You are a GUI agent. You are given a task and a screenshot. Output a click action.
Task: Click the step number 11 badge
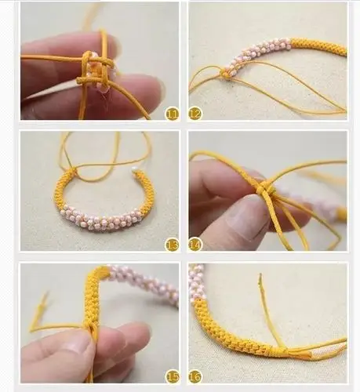tap(172, 114)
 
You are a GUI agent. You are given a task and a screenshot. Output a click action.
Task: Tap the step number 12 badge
tap(195, 114)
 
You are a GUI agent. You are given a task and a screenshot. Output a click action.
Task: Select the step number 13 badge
tap(172, 245)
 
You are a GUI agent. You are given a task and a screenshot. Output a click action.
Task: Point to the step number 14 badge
tap(195, 245)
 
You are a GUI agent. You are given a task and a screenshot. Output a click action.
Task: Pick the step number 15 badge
tap(172, 376)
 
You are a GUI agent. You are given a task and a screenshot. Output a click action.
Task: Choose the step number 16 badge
tap(195, 376)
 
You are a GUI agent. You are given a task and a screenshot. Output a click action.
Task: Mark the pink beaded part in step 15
tap(144, 283)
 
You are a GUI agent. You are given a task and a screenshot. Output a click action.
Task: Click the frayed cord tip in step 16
tap(260, 278)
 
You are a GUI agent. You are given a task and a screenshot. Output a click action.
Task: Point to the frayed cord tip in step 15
tap(46, 295)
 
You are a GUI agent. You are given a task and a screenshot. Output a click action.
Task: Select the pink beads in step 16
tap(195, 285)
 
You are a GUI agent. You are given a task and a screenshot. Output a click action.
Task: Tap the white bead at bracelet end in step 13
tap(135, 170)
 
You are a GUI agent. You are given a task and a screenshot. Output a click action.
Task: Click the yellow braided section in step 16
tap(235, 329)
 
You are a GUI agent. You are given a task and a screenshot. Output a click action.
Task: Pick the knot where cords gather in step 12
tap(225, 74)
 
